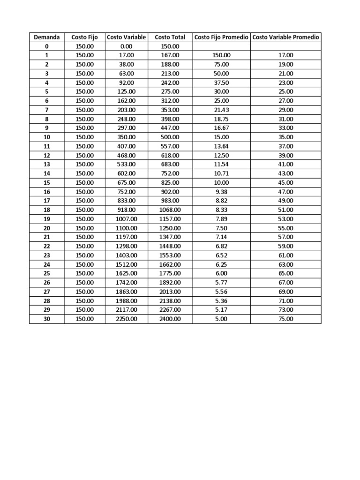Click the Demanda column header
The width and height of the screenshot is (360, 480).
coord(47,37)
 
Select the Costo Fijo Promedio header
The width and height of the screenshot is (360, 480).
coord(222,37)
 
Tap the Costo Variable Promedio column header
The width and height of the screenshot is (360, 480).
coord(286,37)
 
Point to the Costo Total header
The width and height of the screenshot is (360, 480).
coord(170,37)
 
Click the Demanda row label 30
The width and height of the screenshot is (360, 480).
coord(47,319)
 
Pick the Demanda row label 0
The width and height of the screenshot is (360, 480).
coord(47,46)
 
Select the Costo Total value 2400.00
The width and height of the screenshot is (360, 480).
coord(170,319)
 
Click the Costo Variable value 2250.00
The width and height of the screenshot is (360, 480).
coord(126,319)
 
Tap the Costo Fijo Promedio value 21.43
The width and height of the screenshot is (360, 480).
coord(222,110)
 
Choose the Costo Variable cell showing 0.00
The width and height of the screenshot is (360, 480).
coord(126,46)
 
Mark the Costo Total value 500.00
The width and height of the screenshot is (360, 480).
coord(170,137)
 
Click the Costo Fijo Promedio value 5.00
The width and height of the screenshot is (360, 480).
coord(222,319)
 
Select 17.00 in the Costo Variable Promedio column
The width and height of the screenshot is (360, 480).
coord(286,55)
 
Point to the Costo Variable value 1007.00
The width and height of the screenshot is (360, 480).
coord(126,219)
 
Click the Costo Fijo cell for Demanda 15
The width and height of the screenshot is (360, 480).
coord(85,182)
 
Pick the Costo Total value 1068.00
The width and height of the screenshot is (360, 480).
coord(170,210)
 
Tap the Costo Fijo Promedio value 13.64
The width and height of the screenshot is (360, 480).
coord(222,146)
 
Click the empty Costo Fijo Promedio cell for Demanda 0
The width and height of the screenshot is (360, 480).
coord(222,46)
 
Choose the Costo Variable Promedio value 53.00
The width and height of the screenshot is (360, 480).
coord(286,219)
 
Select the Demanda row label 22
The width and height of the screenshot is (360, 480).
coord(47,246)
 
